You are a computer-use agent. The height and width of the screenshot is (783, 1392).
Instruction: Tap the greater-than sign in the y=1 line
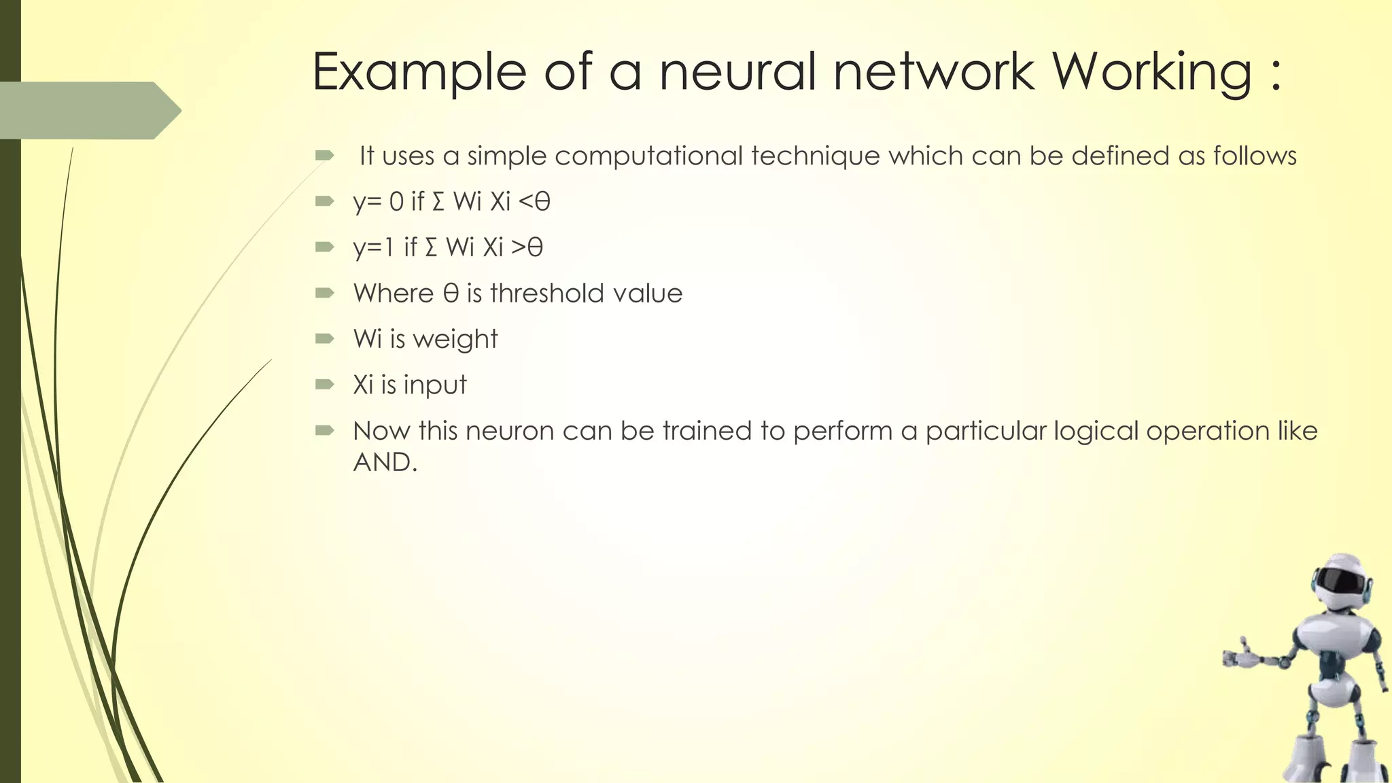coord(519,247)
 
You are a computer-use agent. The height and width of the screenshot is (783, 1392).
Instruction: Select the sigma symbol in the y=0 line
coord(438,202)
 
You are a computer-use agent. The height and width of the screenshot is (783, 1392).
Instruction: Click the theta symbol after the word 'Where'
coord(451,294)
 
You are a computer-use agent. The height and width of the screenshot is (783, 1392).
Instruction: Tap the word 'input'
coord(435,385)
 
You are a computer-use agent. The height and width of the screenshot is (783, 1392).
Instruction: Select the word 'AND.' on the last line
coord(385,462)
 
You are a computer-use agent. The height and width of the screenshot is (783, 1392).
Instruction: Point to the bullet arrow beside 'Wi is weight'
coord(325,338)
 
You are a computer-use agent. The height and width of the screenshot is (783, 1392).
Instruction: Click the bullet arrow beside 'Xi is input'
coord(325,384)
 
